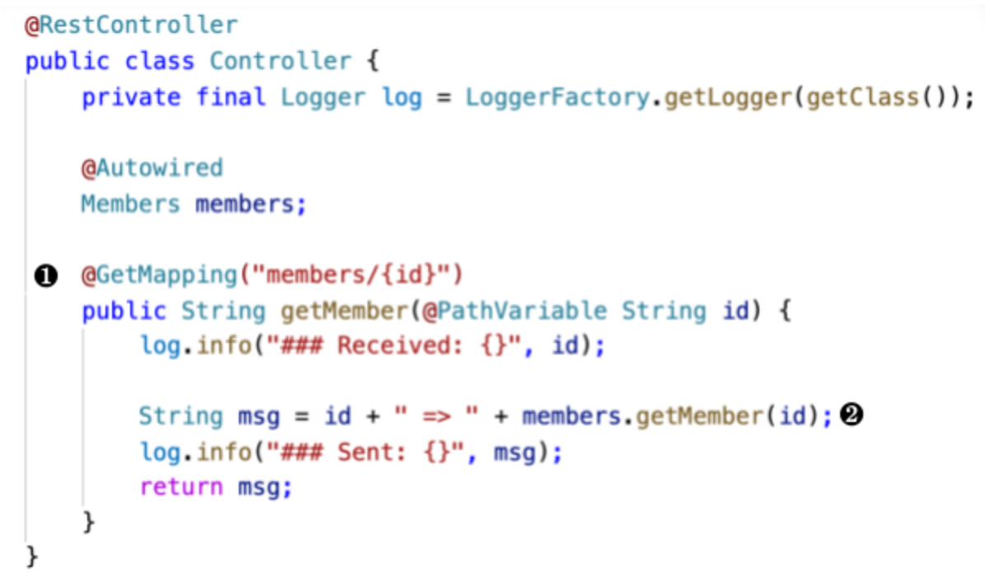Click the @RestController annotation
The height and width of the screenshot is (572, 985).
point(131,25)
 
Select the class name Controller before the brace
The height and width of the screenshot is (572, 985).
point(279,61)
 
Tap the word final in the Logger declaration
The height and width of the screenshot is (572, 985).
point(231,97)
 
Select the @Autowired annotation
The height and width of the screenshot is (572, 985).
point(152,168)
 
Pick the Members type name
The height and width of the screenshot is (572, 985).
point(130,204)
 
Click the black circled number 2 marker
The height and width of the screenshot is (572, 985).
point(852,416)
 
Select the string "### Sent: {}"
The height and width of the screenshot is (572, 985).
point(363,452)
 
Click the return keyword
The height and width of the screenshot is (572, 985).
point(181,487)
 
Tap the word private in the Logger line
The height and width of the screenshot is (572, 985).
point(131,97)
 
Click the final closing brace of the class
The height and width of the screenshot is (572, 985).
point(32,557)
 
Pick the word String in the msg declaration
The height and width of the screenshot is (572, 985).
point(180,416)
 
